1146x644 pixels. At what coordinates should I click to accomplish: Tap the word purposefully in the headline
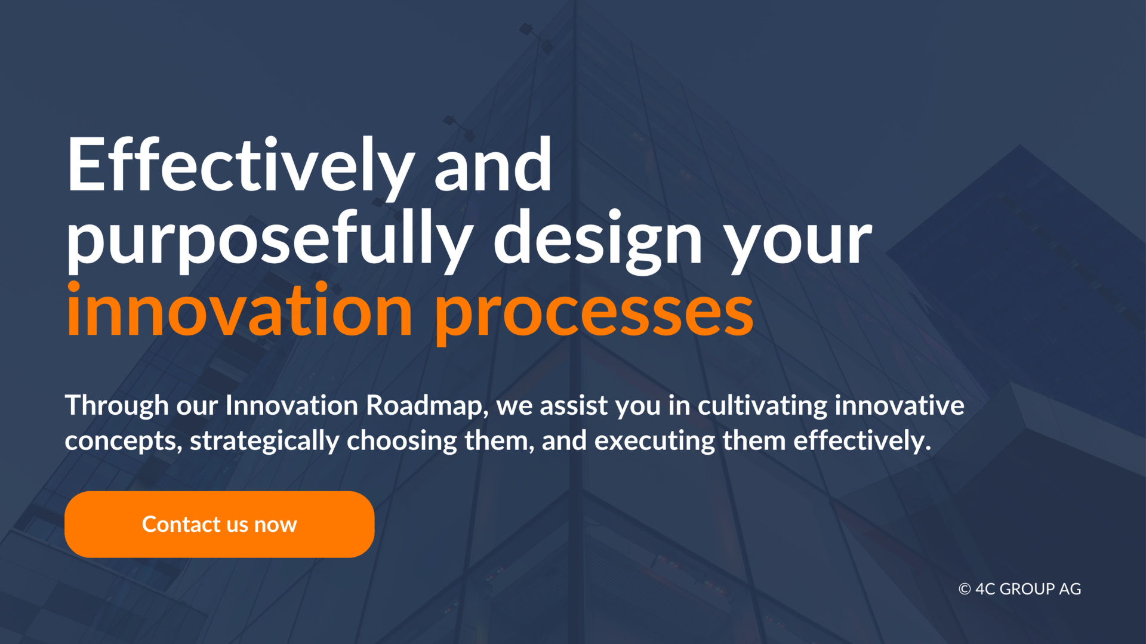click(270, 241)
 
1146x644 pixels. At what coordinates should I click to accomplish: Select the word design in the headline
click(598, 241)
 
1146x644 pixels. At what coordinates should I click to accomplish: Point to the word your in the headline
click(798, 245)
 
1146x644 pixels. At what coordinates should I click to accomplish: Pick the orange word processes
click(594, 315)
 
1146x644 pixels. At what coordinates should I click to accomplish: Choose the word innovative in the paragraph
click(899, 406)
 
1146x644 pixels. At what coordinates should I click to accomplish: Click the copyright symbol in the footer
click(965, 589)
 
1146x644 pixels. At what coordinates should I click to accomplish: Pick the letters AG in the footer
click(1070, 589)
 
